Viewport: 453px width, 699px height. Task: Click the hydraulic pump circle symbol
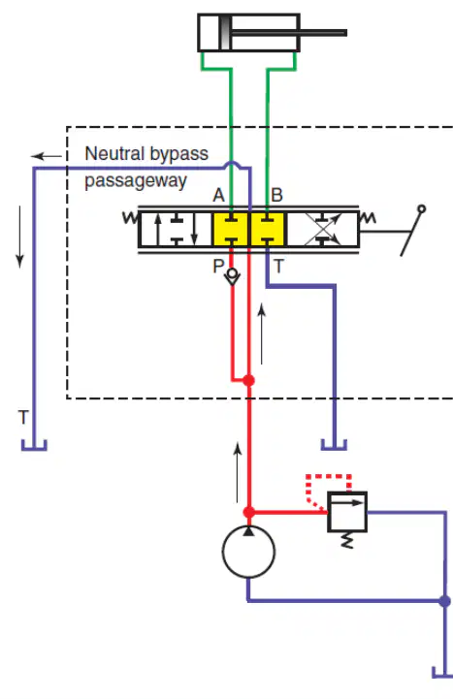[248, 552]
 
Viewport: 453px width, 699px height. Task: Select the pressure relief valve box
[347, 512]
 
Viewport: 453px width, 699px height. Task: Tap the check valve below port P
[232, 276]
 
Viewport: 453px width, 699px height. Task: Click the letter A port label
[218, 195]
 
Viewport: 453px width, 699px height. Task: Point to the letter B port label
[276, 195]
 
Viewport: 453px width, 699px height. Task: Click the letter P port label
[218, 267]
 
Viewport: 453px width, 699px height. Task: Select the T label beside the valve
[278, 267]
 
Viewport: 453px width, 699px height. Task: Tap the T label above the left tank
[23, 418]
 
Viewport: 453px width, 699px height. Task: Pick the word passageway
[136, 181]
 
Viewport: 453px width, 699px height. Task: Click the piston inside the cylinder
[225, 33]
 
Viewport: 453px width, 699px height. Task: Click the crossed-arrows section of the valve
[323, 229]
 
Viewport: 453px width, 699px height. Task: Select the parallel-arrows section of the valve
[176, 229]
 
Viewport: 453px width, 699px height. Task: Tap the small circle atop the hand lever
[421, 208]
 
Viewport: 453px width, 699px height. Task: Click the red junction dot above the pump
[249, 512]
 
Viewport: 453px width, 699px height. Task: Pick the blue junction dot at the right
[444, 601]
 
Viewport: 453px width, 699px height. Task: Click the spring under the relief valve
[347, 540]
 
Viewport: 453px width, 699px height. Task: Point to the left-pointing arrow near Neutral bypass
[47, 156]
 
